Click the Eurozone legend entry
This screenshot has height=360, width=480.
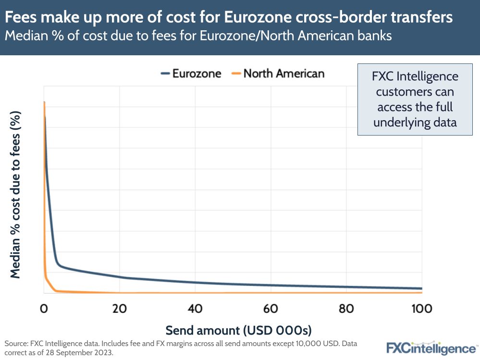191,74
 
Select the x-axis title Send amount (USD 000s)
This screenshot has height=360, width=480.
239,330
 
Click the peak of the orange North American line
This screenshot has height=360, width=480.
44,102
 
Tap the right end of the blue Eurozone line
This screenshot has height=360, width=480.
421,288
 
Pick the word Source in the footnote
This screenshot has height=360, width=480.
16,344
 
